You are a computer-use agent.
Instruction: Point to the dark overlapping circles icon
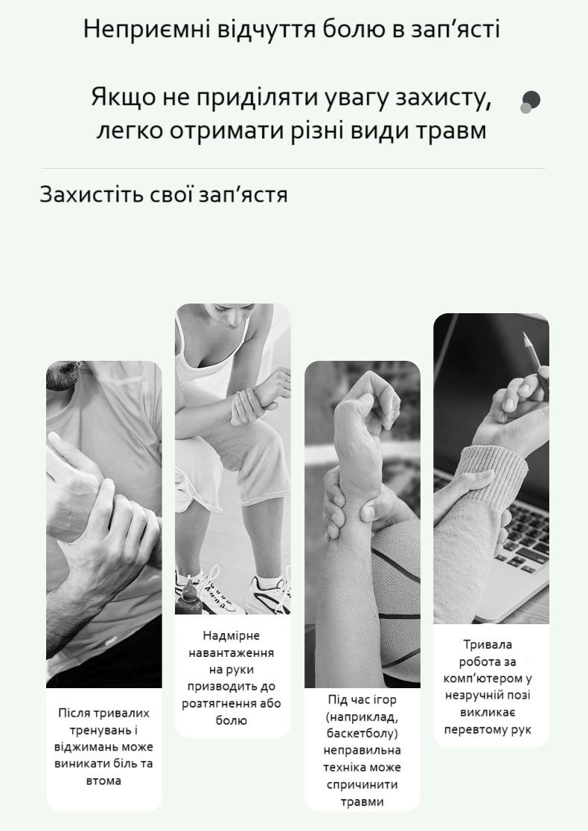[530, 102]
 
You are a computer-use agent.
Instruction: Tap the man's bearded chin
[63, 374]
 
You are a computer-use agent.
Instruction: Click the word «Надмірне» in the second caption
[231, 635]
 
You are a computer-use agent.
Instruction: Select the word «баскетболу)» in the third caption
[362, 734]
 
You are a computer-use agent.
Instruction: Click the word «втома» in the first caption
[103, 780]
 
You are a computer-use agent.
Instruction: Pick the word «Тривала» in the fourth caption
[488, 644]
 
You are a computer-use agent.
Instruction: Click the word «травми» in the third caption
[362, 802]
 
